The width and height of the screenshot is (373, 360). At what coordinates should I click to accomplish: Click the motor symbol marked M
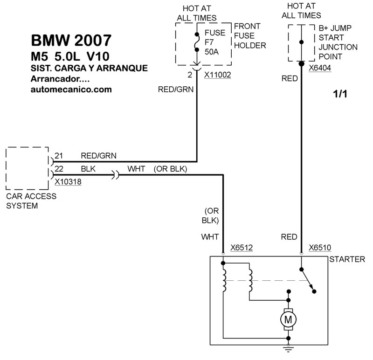point(288,319)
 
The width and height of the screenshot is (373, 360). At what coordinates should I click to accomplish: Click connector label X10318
point(68,182)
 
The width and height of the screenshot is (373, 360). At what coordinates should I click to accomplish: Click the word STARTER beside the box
point(347,260)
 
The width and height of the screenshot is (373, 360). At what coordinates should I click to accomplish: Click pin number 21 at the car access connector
point(59,156)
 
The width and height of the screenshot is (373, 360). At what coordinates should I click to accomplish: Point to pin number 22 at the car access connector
point(59,169)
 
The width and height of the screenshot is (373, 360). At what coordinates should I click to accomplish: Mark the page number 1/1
point(340,94)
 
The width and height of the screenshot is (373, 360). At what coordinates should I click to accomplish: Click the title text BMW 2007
point(71,40)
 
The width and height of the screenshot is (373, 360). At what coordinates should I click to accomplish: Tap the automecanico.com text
point(71,90)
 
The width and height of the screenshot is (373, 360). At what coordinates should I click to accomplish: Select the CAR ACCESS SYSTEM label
point(31,201)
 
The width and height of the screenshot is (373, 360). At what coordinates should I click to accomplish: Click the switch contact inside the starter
point(308,280)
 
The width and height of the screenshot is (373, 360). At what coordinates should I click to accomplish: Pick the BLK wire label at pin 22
point(88,169)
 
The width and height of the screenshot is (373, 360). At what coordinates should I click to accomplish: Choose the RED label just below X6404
point(290,79)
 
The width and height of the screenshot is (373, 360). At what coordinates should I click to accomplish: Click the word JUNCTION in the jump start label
point(338,47)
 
